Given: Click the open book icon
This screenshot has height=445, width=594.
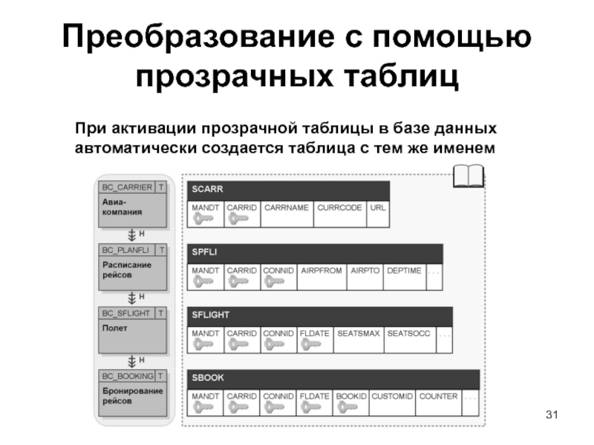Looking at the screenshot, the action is (468, 177).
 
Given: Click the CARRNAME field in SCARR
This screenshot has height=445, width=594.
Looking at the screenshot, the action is (286, 208).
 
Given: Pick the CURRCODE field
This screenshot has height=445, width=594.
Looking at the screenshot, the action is (339, 208).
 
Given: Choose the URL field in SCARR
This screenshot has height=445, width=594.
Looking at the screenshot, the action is (378, 208).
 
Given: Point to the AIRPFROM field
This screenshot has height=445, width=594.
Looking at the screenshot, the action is (322, 271).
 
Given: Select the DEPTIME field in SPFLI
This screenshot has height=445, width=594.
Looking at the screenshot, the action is (404, 271).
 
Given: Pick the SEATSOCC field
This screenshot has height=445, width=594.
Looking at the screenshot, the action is (408, 334).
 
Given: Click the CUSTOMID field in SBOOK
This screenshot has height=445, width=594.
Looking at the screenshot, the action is (391, 397).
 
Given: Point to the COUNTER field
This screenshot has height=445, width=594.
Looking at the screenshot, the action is (438, 397).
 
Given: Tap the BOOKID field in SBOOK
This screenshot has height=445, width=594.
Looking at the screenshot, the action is (350, 397).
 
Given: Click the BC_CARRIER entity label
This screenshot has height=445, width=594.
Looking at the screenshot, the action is (127, 188).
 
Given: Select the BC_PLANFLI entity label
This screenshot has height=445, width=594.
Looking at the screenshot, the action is (127, 251).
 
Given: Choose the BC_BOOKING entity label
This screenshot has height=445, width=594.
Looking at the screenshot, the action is (127, 376).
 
